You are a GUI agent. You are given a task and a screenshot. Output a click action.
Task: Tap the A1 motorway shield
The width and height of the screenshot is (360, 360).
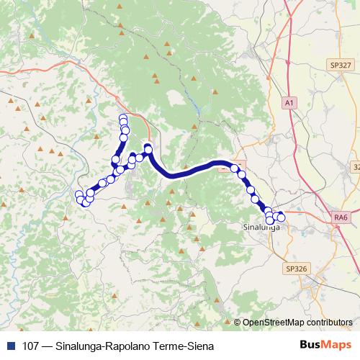point(289,104)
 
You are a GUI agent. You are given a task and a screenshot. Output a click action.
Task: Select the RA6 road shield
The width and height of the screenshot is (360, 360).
point(341,217)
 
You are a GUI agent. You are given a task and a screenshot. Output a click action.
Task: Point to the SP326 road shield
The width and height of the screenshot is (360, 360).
point(296,268)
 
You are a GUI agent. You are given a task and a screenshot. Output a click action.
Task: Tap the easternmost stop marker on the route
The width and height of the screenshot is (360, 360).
point(281,217)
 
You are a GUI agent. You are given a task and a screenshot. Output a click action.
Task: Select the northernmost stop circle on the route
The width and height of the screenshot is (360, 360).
point(123,118)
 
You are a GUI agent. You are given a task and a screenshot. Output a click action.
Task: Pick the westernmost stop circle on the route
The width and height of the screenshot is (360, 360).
point(79,194)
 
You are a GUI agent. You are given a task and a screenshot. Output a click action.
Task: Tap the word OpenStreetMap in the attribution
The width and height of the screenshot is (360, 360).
point(273,323)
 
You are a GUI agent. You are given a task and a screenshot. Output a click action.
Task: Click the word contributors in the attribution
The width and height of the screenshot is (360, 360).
point(330,323)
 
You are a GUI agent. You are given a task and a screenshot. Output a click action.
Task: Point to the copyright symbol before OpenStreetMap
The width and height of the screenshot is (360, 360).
point(237,323)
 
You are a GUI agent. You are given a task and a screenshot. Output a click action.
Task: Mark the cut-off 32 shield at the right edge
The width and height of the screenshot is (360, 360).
point(356,166)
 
